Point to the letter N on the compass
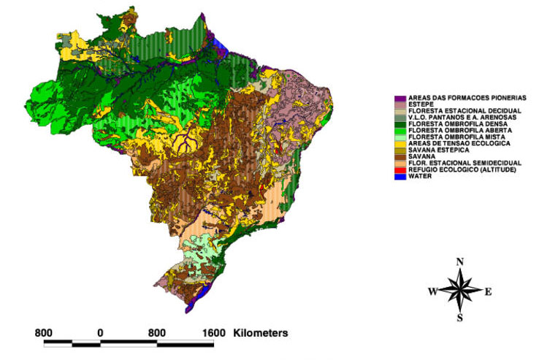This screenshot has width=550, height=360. (x=459, y=261)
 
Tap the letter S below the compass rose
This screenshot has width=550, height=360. (x=459, y=318)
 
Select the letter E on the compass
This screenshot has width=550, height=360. (x=488, y=291)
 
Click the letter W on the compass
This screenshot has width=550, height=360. (x=432, y=291)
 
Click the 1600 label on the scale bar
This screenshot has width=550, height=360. (x=213, y=332)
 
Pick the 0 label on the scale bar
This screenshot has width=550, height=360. (x=100, y=332)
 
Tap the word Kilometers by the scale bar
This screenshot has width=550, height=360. (x=261, y=332)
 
